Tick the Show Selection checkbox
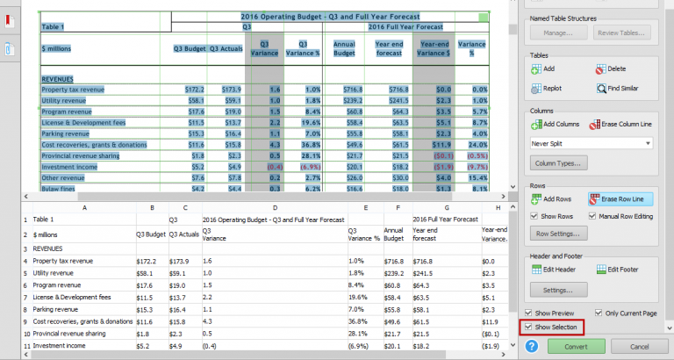click(x=528, y=328)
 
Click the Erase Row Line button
click(x=621, y=199)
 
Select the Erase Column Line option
click(x=621, y=126)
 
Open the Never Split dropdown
click(x=591, y=142)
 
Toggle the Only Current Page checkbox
click(x=599, y=313)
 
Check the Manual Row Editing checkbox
click(x=592, y=216)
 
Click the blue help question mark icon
click(x=531, y=346)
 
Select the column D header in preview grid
click(x=275, y=207)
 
